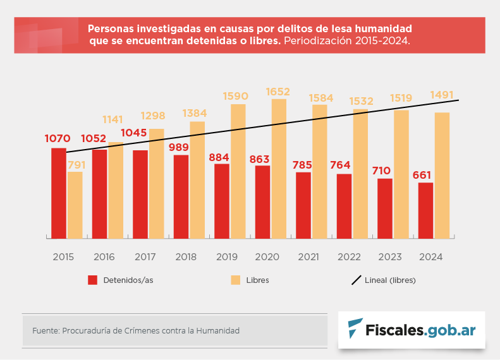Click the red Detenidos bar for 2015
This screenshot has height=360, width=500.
59,193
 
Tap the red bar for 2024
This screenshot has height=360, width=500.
425,210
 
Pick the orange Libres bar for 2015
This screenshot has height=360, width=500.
75,205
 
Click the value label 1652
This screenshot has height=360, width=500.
278,92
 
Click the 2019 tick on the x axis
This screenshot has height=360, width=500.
226,257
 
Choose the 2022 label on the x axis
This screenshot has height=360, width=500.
348,257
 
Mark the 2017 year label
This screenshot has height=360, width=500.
145,257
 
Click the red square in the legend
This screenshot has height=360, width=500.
92,280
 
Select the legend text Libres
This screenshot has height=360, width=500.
257,280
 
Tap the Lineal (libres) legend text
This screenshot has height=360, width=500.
390,280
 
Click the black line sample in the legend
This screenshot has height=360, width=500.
355,280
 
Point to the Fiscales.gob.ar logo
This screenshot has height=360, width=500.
412,329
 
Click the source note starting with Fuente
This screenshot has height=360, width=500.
136,330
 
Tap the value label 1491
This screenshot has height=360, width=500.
442,95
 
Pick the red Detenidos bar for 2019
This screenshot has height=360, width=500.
222,201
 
